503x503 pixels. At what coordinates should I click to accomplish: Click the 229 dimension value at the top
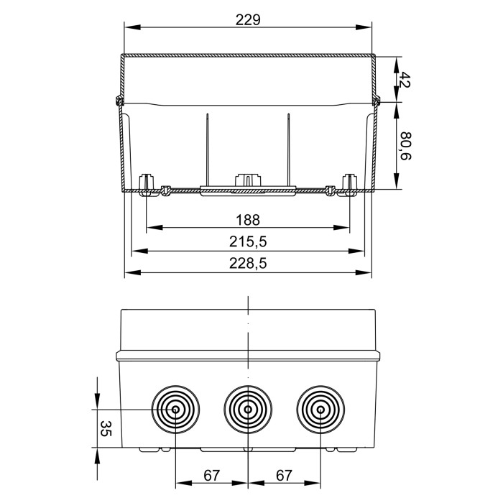[x=248, y=20]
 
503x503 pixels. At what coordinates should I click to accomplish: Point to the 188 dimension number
[x=248, y=220]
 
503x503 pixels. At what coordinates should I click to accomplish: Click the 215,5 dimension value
[x=248, y=242]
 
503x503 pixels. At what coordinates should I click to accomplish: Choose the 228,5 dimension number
[x=248, y=264]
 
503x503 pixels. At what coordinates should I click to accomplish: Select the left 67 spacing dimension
[x=211, y=475]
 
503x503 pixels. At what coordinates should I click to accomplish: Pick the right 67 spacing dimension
[x=284, y=475]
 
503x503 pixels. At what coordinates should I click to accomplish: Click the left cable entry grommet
[x=176, y=410]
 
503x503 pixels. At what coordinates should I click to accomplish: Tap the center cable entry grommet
[x=248, y=410]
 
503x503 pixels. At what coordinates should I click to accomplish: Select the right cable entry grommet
[x=319, y=410]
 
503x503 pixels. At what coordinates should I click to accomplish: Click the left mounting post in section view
[x=147, y=184]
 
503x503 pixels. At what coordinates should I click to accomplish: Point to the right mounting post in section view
[x=350, y=184]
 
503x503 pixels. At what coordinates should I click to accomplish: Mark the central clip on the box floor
[x=248, y=181]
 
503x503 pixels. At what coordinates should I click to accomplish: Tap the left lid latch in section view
[x=118, y=100]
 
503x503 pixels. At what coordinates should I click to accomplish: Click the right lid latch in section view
[x=377, y=100]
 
